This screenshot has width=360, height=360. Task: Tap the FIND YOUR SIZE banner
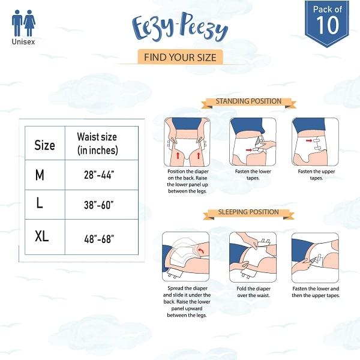click(180, 57)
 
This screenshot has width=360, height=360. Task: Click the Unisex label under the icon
click(23, 42)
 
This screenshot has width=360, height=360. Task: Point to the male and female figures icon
click(23, 23)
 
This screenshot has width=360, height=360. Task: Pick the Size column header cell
click(44, 145)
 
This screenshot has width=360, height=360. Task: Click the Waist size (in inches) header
click(98, 143)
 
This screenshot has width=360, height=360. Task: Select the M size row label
click(40, 175)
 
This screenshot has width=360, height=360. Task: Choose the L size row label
click(40, 203)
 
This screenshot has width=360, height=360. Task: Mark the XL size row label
click(41, 236)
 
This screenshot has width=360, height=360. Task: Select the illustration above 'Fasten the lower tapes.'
click(252, 142)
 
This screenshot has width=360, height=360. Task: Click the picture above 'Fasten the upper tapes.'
click(315, 142)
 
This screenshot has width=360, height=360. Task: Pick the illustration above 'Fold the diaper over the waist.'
click(252, 256)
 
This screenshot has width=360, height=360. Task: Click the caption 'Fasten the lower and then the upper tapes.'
click(315, 292)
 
